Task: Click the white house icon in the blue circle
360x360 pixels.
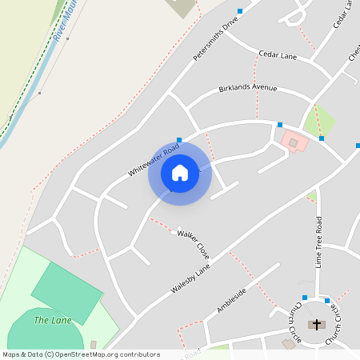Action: tap(180, 173)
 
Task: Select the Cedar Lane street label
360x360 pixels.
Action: tap(278, 54)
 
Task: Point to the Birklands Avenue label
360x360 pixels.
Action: tap(247, 88)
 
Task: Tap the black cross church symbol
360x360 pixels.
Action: tap(317, 325)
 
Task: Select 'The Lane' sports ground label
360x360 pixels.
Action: tap(52, 321)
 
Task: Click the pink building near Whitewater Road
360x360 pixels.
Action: tap(293, 142)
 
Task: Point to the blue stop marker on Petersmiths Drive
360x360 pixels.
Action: tap(240, 11)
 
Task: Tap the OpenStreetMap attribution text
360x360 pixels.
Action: tap(81, 354)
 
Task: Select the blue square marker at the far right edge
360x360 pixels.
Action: tap(358, 146)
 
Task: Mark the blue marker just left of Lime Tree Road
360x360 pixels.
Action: tap(305, 297)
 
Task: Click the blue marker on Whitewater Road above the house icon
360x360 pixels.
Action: tap(179, 140)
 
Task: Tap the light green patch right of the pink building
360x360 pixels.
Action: tap(320, 120)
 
